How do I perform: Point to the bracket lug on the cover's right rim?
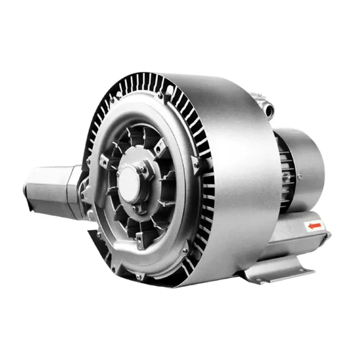(x=195, y=162)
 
